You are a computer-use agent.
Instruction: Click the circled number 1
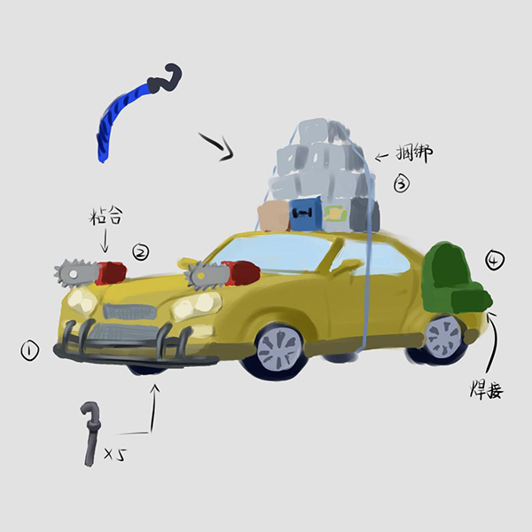tap(30, 351)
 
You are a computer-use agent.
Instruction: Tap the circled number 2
tap(140, 252)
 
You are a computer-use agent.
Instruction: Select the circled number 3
tap(402, 184)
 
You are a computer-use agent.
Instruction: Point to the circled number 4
tap(495, 260)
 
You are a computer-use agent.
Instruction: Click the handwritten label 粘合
tap(106, 216)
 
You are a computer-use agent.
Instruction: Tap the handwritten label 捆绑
tap(414, 153)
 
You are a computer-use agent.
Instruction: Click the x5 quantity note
tap(114, 454)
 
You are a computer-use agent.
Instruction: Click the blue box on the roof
tap(304, 214)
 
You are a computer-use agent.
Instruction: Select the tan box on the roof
tap(274, 216)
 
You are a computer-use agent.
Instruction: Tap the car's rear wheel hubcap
tap(443, 334)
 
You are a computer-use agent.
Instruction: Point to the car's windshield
tap(271, 254)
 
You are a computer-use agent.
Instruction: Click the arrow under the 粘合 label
tap(105, 240)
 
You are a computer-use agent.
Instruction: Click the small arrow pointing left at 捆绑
tap(381, 156)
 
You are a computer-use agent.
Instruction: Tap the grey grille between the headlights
tap(129, 311)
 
